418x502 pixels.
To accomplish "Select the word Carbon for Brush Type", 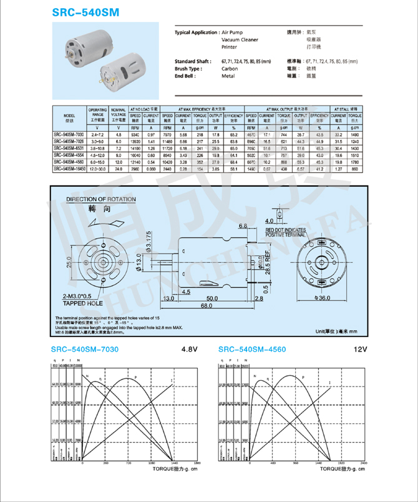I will (x=230, y=69).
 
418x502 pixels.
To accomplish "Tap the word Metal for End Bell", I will (x=228, y=76).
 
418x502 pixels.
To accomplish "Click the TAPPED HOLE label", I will (x=82, y=303).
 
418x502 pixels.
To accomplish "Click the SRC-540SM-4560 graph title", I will (x=252, y=349).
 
